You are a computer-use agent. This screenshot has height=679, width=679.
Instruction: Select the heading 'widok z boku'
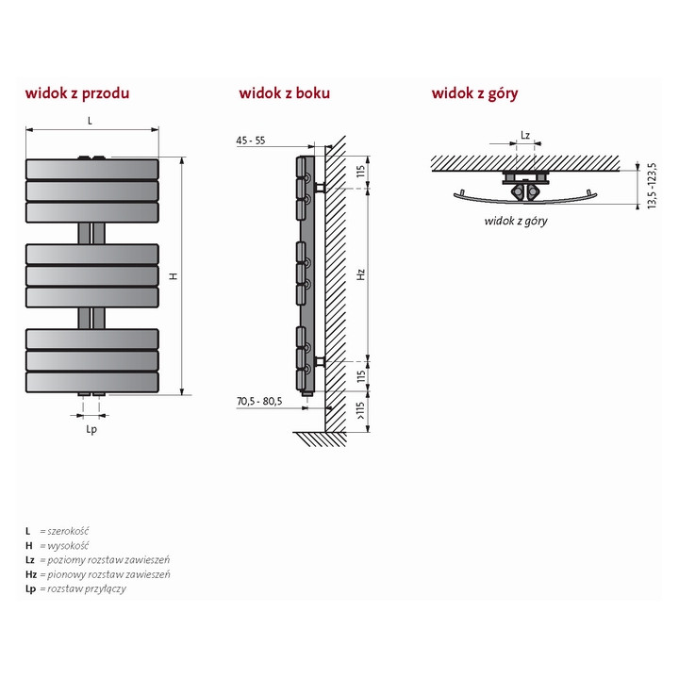tap(284, 93)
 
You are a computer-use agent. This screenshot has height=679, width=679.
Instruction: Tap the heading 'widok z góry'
tap(474, 93)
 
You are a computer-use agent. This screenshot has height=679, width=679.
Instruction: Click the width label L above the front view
tap(90, 121)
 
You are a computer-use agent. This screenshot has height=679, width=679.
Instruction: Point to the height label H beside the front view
tap(173, 275)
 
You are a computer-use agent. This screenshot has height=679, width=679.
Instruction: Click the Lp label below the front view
tap(91, 429)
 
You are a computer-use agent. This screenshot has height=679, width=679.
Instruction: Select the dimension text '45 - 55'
tap(251, 141)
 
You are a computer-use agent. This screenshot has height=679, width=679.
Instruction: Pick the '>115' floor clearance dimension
tap(360, 411)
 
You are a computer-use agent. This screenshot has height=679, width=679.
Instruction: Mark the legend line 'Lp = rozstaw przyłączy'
tap(75, 588)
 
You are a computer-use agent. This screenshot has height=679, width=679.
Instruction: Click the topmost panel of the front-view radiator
tap(91, 169)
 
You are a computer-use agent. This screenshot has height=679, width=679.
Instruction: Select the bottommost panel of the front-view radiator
tap(91, 382)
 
